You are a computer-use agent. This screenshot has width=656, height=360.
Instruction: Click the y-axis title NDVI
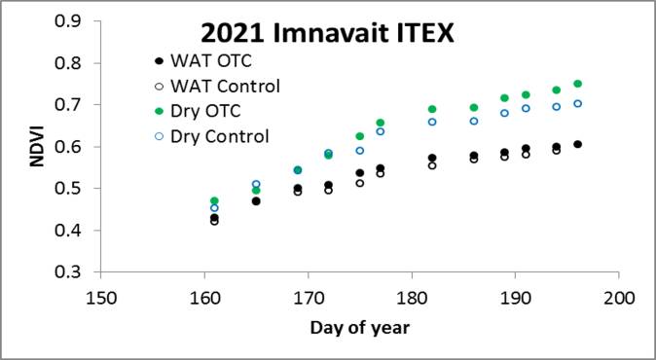tap(36, 146)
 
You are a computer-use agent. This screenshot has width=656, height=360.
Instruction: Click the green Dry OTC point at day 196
tap(577, 84)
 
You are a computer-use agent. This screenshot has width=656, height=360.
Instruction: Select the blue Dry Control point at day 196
tap(577, 103)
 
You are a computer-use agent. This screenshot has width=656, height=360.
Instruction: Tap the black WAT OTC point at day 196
tap(577, 144)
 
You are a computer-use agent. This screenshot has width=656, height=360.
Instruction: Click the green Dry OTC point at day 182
tap(432, 109)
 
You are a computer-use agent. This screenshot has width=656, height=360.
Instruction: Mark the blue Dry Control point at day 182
tap(432, 122)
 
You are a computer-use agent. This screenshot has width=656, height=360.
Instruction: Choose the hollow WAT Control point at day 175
tap(360, 183)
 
